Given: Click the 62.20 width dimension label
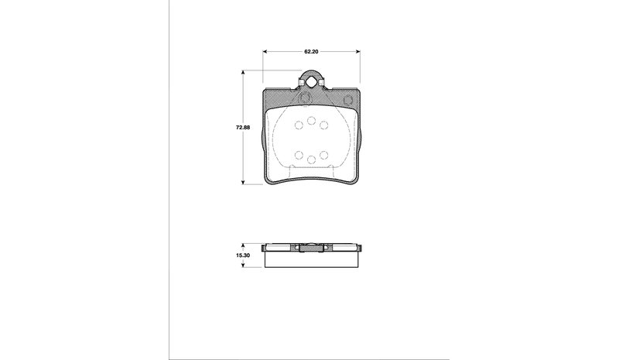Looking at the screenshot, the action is pyautogui.click(x=311, y=51).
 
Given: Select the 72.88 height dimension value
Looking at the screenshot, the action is pyautogui.click(x=243, y=128).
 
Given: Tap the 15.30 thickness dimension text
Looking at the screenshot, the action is pyautogui.click(x=243, y=255).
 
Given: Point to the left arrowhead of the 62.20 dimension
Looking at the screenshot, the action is pyautogui.click(x=265, y=51).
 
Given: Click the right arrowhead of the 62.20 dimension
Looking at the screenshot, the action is pyautogui.click(x=357, y=51).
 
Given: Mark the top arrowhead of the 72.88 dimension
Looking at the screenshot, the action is pyautogui.click(x=243, y=73).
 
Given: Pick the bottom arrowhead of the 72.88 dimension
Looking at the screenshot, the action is pyautogui.click(x=243, y=181).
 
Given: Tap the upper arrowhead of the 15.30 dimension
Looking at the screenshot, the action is pyautogui.click(x=243, y=245).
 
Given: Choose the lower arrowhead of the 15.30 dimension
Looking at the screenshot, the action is pyautogui.click(x=243, y=264).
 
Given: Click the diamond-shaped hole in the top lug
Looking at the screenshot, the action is pyautogui.click(x=312, y=82).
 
